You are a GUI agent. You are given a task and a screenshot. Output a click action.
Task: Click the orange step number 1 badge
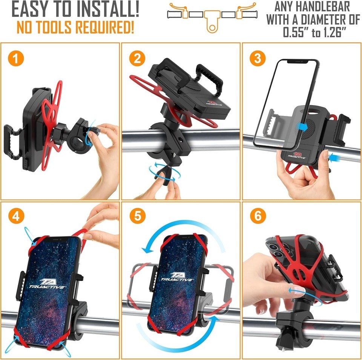click(x=16, y=58)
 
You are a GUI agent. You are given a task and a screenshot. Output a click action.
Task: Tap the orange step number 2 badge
click(x=137, y=58)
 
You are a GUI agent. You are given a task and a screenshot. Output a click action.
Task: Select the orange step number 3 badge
click(x=258, y=58)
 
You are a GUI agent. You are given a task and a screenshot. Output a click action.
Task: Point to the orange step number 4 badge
click(x=16, y=216)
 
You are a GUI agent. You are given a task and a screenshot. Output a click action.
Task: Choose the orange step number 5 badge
click(x=137, y=216)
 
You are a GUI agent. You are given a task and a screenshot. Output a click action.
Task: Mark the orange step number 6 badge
click(x=258, y=216)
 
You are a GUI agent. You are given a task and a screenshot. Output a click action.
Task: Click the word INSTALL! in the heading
click(x=108, y=9)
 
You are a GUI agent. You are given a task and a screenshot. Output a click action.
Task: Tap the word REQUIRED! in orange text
click(x=105, y=27)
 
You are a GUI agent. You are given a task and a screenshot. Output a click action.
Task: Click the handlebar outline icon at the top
click(x=212, y=16)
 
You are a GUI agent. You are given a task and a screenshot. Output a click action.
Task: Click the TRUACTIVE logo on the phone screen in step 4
click(x=48, y=284)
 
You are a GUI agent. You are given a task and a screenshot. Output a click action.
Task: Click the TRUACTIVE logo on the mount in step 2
click(x=214, y=103)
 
